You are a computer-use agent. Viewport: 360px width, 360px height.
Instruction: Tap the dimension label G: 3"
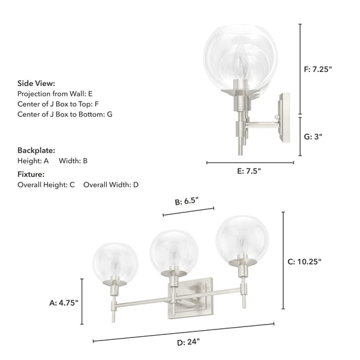[313, 137]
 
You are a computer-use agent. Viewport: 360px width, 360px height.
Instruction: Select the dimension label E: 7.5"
[249, 171]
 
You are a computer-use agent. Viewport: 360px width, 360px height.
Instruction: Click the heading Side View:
[37, 83]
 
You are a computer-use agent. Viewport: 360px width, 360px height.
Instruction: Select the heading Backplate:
[37, 149]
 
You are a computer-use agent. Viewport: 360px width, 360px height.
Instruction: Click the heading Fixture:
[32, 174]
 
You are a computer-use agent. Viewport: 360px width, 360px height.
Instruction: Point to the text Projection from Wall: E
[55, 94]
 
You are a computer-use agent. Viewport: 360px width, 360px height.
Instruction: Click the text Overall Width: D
[111, 184]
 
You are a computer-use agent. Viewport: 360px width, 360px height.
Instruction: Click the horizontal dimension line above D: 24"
[183, 332]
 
